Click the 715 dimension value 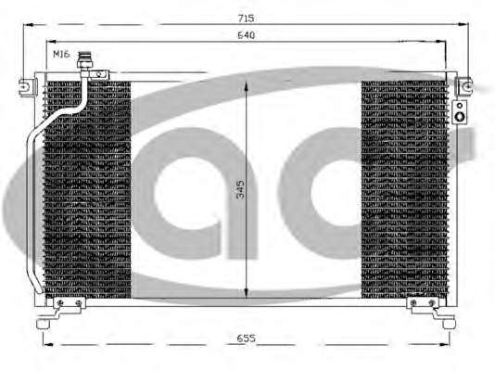pyautogui.click(x=246, y=19)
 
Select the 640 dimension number pyautogui.click(x=246, y=35)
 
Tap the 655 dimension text pyautogui.click(x=246, y=339)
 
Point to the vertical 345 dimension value pyautogui.click(x=240, y=189)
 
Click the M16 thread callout pyautogui.click(x=61, y=55)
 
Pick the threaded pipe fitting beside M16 pyautogui.click(x=85, y=60)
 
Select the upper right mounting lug pyautogui.click(x=464, y=86)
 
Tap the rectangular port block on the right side pyautogui.click(x=460, y=112)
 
